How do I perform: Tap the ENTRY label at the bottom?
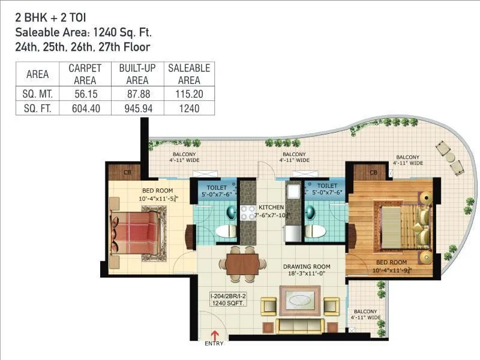(214, 344)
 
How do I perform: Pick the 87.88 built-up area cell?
(137, 94)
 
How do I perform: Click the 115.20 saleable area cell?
(188, 94)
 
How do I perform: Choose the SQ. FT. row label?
(38, 108)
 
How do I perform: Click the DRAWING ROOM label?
(304, 269)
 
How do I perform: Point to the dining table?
(242, 263)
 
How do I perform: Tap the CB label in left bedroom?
(128, 172)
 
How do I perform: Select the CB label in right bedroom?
(374, 172)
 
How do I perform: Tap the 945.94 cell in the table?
(137, 108)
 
